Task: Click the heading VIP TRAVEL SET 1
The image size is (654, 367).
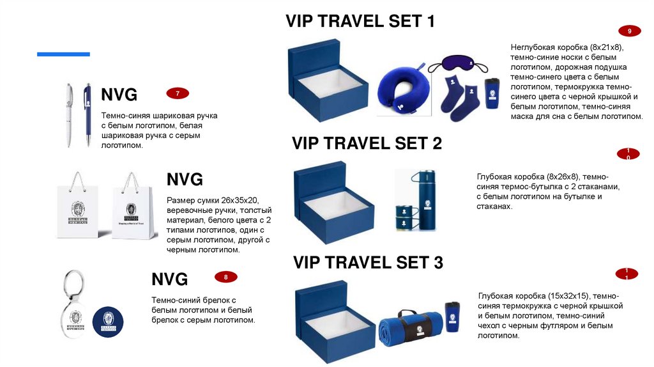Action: [x=360, y=22]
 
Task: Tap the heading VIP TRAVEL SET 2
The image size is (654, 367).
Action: [x=367, y=143]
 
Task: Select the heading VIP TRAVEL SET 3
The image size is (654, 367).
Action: [x=368, y=262]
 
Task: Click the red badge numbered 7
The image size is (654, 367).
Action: [x=178, y=94]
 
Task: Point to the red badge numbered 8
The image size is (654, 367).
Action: [x=225, y=277]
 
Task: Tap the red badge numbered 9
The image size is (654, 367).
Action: [x=630, y=31]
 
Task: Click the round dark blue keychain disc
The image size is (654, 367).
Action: [x=107, y=322]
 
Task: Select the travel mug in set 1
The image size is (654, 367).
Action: [x=490, y=97]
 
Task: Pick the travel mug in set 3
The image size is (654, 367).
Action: [x=453, y=317]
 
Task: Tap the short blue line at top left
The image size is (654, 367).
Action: [x=63, y=54]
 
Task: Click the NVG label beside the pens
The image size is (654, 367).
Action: [x=119, y=95]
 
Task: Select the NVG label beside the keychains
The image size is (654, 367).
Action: [x=169, y=279]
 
